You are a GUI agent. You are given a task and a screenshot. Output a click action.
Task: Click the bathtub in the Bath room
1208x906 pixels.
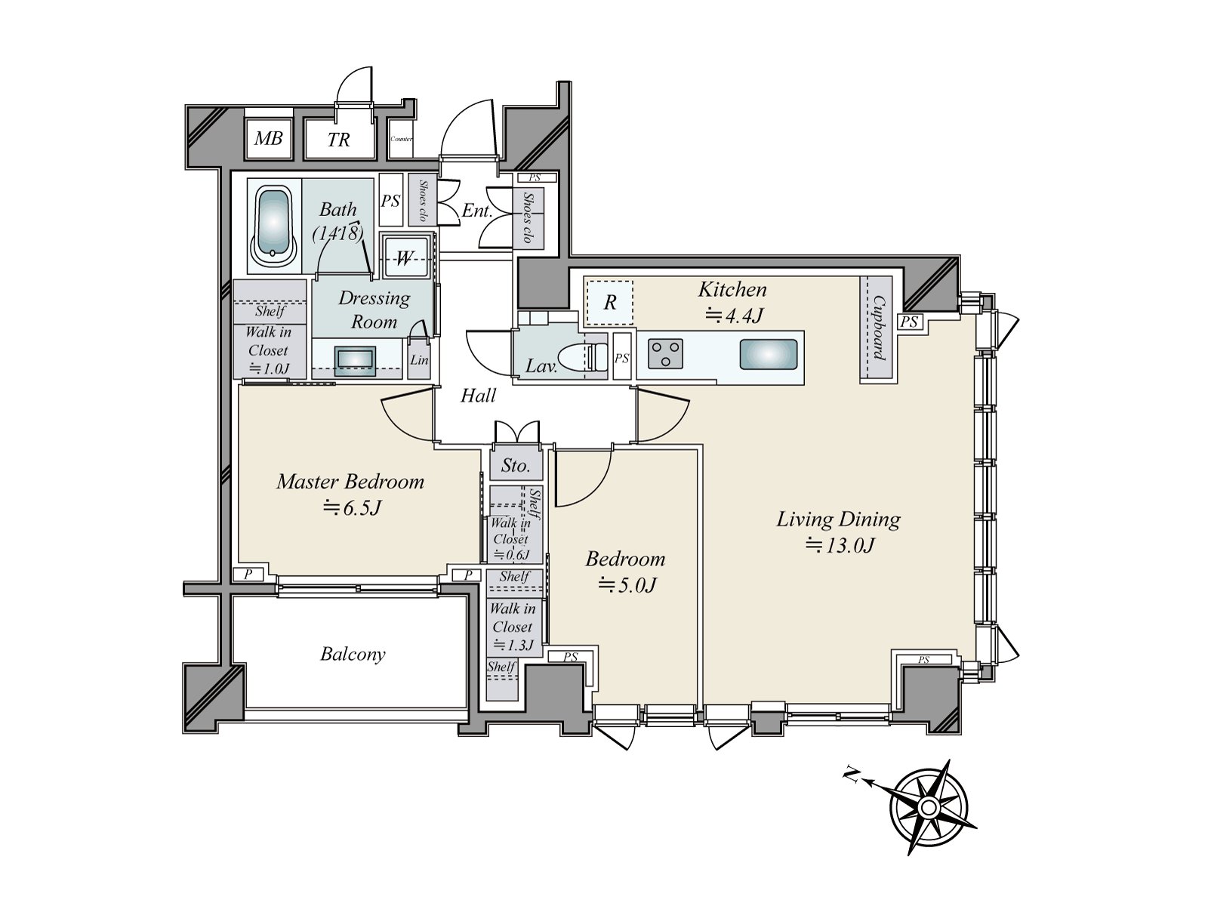tap(273, 224)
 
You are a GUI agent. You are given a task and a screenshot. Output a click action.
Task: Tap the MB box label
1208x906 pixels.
tap(268, 138)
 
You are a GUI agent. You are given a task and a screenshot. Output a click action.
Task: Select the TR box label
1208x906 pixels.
tap(339, 140)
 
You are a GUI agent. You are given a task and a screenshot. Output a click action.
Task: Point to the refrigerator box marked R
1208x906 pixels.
tap(610, 303)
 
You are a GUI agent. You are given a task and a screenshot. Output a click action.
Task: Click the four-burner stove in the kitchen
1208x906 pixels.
tap(666, 353)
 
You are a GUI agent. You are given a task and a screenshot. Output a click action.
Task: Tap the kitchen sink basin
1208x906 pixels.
tap(768, 354)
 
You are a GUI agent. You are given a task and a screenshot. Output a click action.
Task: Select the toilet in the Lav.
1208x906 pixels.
tap(585, 356)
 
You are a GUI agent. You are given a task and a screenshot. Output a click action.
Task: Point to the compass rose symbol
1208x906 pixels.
tap(928, 806)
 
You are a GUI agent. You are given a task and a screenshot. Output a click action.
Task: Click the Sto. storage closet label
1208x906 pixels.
tap(516, 466)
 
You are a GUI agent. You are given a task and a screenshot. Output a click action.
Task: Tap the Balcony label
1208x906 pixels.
tap(353, 654)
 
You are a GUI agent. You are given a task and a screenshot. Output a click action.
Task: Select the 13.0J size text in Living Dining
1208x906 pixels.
tap(840, 545)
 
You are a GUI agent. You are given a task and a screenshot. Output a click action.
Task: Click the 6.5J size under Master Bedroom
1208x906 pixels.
tap(352, 507)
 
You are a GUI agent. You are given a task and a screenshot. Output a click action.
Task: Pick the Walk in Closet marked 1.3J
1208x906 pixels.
tap(513, 627)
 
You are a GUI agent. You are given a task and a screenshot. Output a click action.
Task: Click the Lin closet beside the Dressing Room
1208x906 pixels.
tap(419, 360)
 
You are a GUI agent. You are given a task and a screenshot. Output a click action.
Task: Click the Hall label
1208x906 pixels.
tap(478, 396)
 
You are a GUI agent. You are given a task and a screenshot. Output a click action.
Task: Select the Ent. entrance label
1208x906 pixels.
tap(476, 211)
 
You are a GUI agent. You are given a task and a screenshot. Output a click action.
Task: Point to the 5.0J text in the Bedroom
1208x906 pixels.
tap(627, 584)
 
